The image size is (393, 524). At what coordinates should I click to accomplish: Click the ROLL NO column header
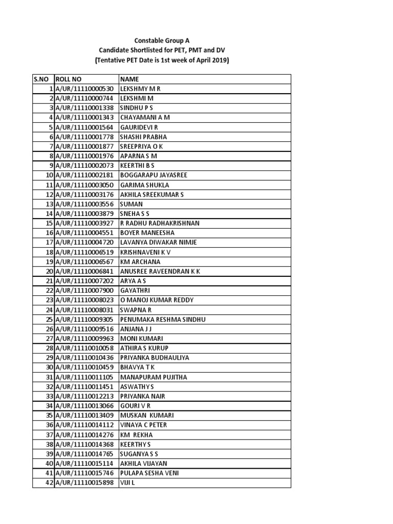click(68, 79)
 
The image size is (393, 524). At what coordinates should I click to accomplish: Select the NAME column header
click(129, 79)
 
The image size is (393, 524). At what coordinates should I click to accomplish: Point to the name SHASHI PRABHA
click(143, 137)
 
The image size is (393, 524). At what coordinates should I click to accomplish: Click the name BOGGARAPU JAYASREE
click(154, 176)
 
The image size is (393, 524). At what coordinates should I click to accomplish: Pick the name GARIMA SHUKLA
click(145, 185)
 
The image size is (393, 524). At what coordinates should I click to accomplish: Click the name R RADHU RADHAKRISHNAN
click(160, 223)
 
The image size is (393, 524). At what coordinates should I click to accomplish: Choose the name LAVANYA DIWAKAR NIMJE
click(158, 243)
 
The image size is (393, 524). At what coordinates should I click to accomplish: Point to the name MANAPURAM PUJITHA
click(153, 377)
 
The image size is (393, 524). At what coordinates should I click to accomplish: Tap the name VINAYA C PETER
click(143, 425)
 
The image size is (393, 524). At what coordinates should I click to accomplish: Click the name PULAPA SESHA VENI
click(149, 473)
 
